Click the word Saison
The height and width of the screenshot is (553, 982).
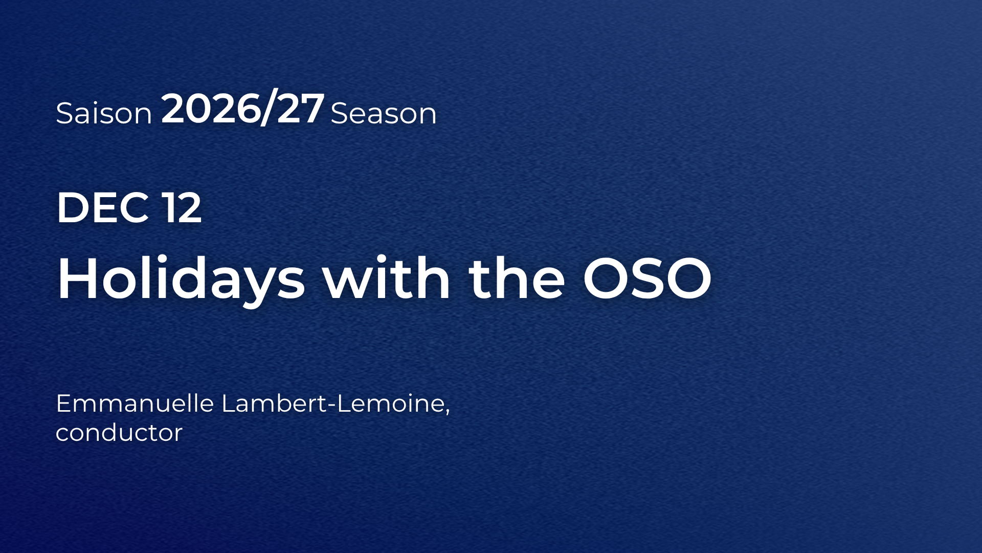pos(104,113)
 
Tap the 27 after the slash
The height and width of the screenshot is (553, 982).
pos(299,109)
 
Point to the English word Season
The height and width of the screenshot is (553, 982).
pos(384,113)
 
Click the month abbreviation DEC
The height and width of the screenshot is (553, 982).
pos(103,207)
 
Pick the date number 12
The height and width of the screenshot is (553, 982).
pos(182,207)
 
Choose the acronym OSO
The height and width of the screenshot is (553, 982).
pos(647,278)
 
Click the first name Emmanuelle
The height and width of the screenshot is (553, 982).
pos(135,403)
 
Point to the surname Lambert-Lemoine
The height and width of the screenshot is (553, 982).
pos(333,403)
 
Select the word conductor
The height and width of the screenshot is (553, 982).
pos(119,433)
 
